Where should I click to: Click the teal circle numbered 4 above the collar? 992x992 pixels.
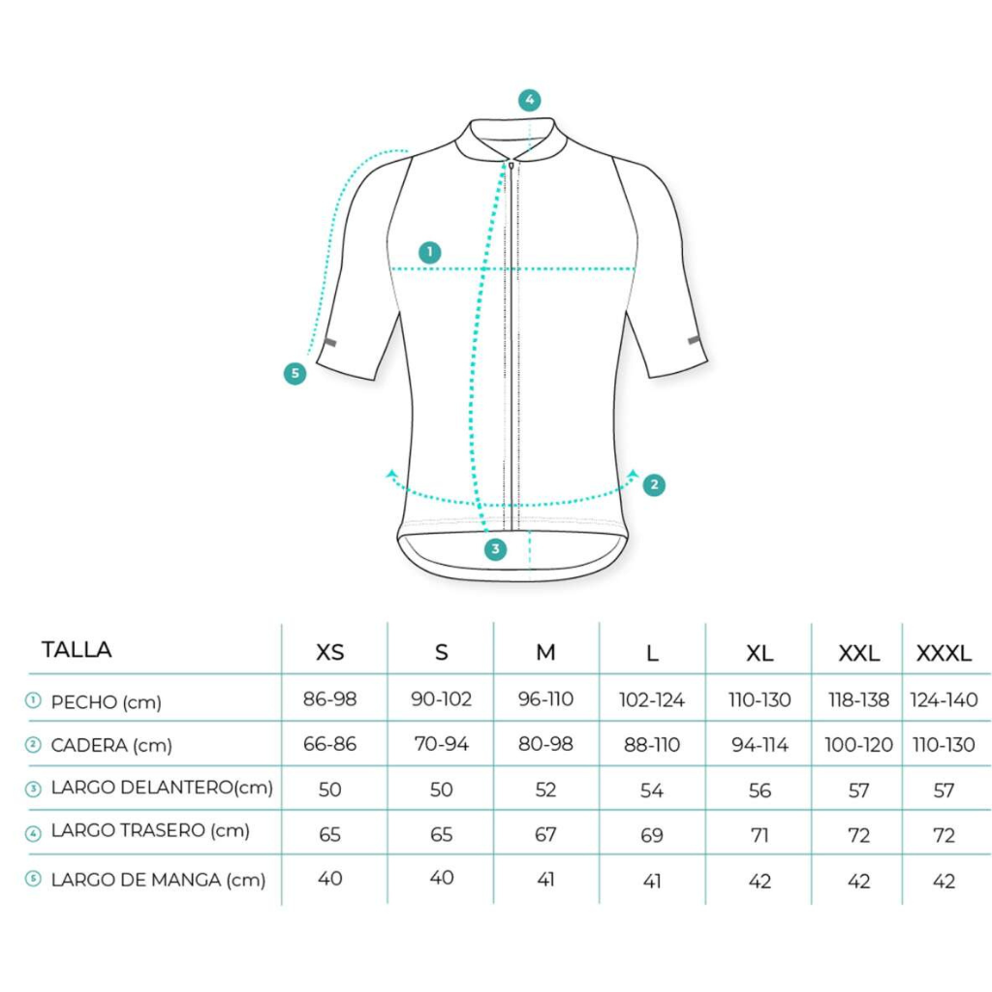tap(530, 100)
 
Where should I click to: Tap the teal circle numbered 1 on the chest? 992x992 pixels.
tap(430, 253)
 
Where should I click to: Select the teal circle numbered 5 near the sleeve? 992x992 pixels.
tap(294, 373)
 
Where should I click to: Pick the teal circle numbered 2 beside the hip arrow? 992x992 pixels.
tap(654, 485)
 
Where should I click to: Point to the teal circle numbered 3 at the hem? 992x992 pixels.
tap(495, 549)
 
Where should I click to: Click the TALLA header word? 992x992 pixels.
tap(77, 650)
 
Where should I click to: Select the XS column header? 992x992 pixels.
tap(329, 652)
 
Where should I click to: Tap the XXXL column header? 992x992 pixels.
tap(944, 653)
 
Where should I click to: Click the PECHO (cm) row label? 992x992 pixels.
tap(106, 702)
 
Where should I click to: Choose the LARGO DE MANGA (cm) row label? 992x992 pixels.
tap(158, 880)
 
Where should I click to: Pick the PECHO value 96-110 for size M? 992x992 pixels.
tap(545, 699)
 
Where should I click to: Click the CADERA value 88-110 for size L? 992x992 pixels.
tap(652, 745)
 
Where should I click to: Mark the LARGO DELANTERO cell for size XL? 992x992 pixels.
tap(759, 790)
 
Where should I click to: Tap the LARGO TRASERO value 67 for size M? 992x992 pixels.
tap(545, 834)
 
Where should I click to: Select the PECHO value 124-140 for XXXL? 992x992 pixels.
tap(944, 699)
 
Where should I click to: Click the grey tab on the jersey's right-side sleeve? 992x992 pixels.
tap(694, 340)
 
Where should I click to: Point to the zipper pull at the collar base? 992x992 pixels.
tap(511, 166)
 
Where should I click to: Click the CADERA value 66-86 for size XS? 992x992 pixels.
tap(329, 744)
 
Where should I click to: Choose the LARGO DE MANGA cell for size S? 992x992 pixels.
tap(441, 878)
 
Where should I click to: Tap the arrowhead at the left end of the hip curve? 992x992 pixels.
tap(391, 474)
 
